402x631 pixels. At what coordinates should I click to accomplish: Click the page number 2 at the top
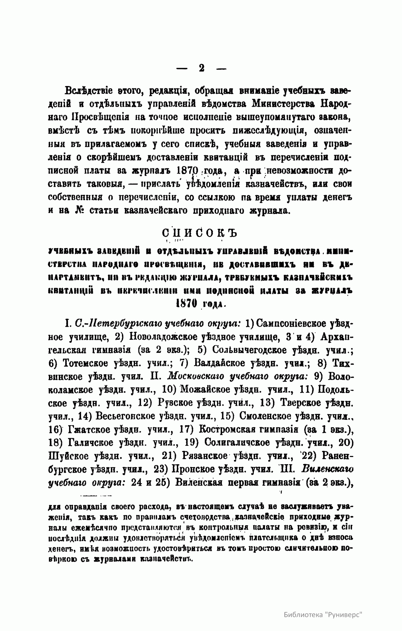[x=201, y=68]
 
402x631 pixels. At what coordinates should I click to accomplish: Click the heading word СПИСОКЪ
[x=199, y=232]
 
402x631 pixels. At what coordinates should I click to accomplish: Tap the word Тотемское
[x=88, y=363]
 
